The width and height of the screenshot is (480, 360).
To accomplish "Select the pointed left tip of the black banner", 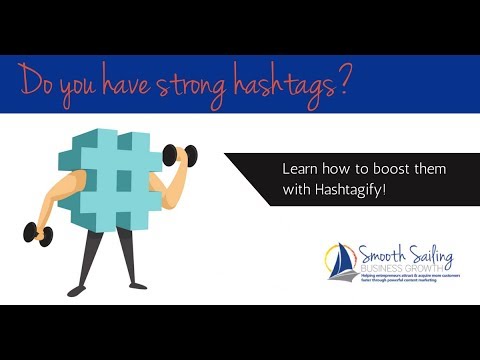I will [x=226, y=155].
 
